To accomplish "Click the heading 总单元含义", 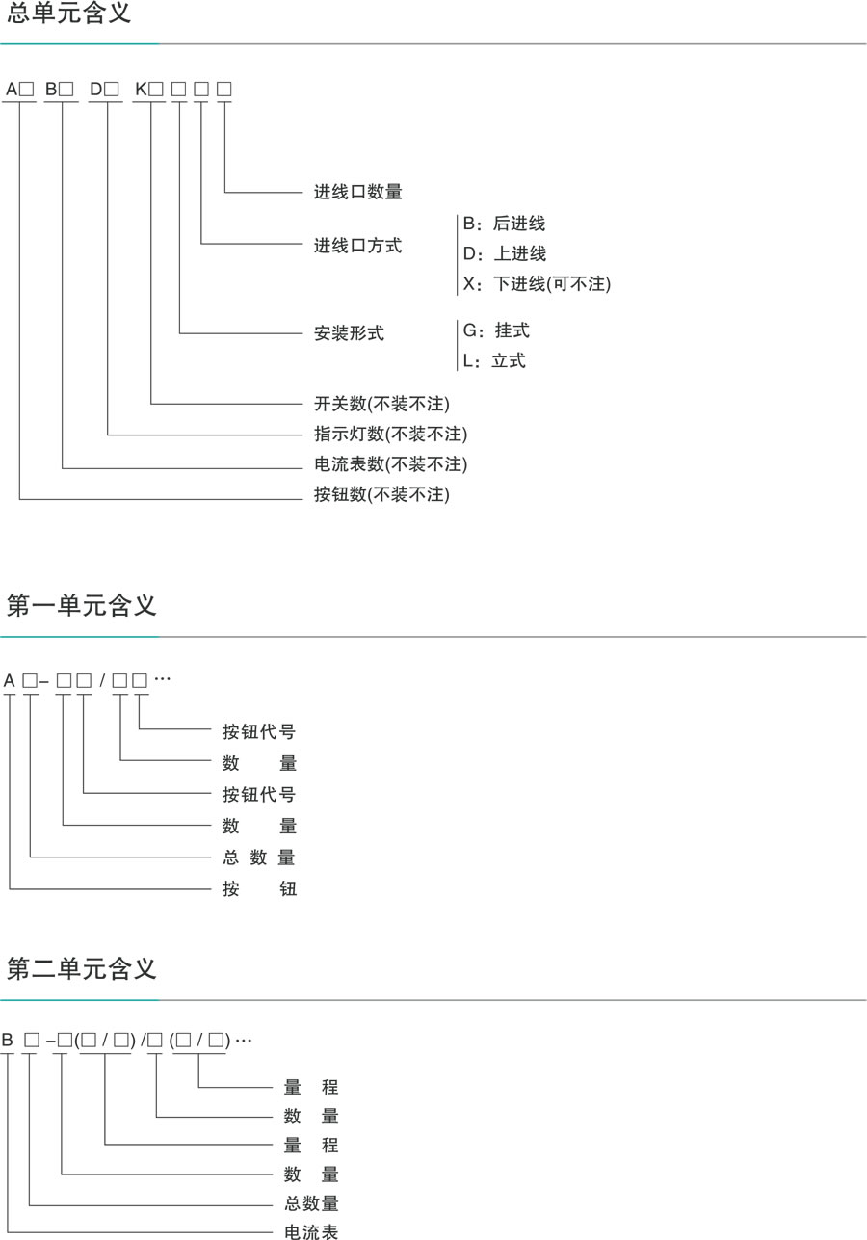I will [x=68, y=14].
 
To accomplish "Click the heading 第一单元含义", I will [x=81, y=605].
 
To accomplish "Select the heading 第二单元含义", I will [x=81, y=967].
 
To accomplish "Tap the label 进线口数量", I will [x=357, y=192].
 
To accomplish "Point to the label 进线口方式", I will [x=357, y=246].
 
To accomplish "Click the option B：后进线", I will [x=504, y=224].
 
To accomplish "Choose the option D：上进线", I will [x=504, y=253].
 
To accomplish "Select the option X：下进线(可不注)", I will [x=537, y=284].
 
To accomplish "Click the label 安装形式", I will [x=349, y=333].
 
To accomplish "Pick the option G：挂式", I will [x=496, y=330].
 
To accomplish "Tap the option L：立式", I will [x=494, y=361].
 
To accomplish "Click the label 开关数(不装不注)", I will [x=381, y=403].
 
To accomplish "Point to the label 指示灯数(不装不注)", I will [x=390, y=434].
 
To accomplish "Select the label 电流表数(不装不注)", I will [x=390, y=464].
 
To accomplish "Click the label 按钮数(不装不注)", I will [x=381, y=495].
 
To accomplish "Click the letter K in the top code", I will [x=141, y=90].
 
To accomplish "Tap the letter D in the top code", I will [x=95, y=90].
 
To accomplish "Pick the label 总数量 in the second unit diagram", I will [x=311, y=1203].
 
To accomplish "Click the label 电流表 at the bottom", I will [x=311, y=1231].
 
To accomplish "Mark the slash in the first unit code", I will [x=102, y=680].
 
